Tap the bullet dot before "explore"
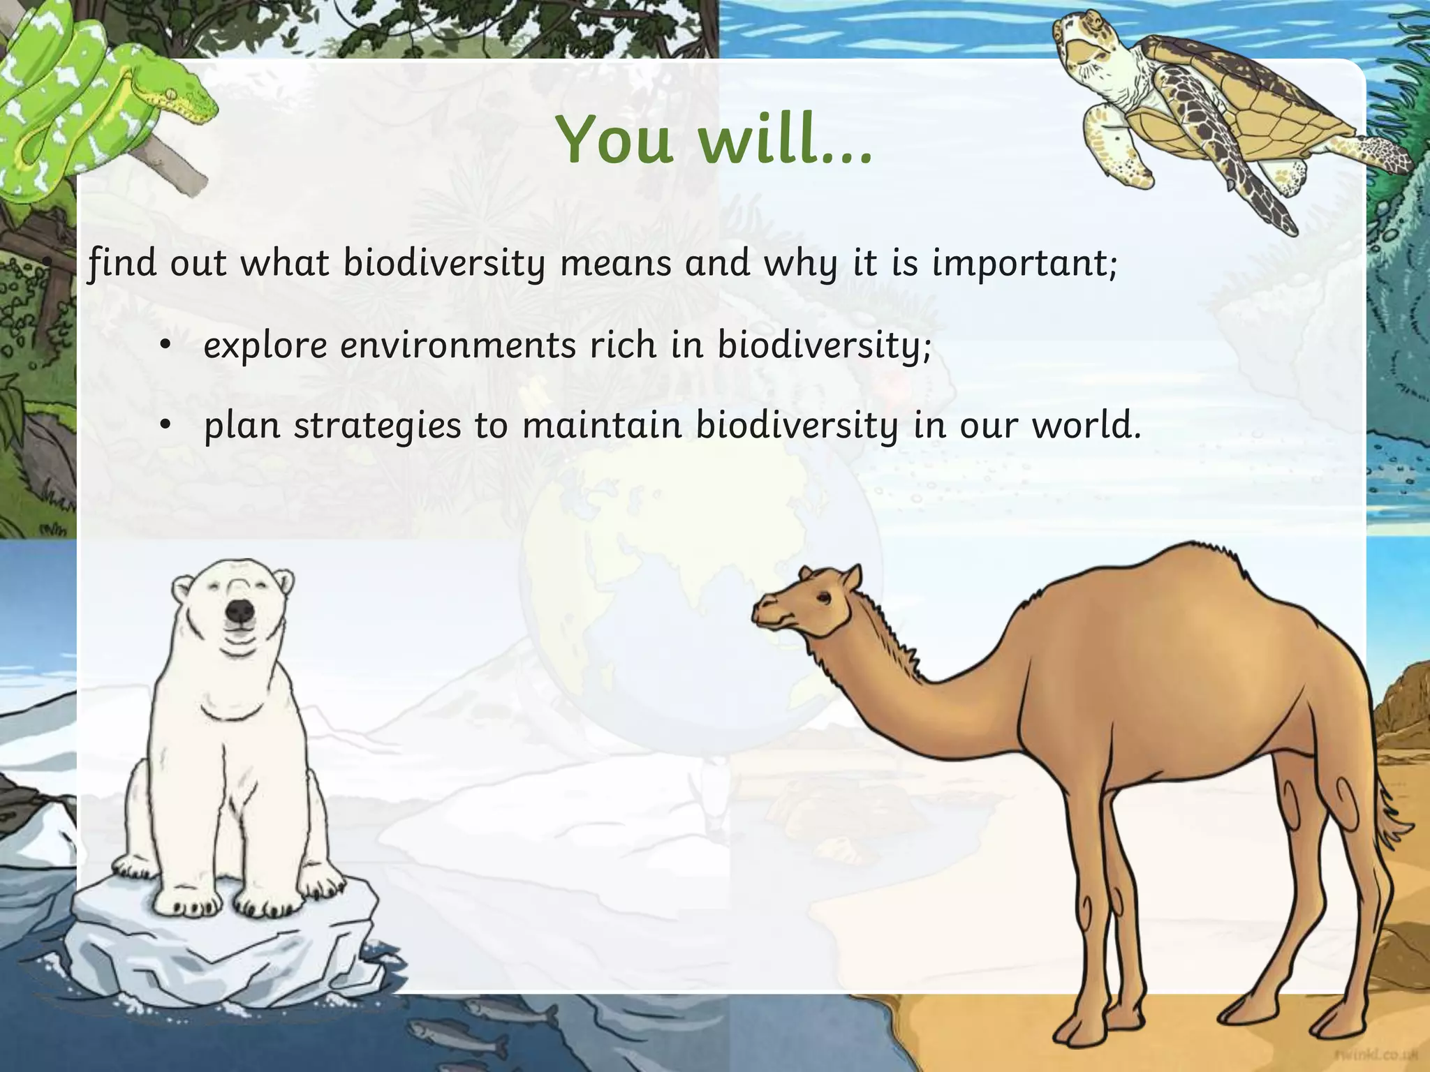[165, 346]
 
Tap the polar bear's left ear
[183, 585]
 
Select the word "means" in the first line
[614, 265]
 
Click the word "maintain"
[602, 426]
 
